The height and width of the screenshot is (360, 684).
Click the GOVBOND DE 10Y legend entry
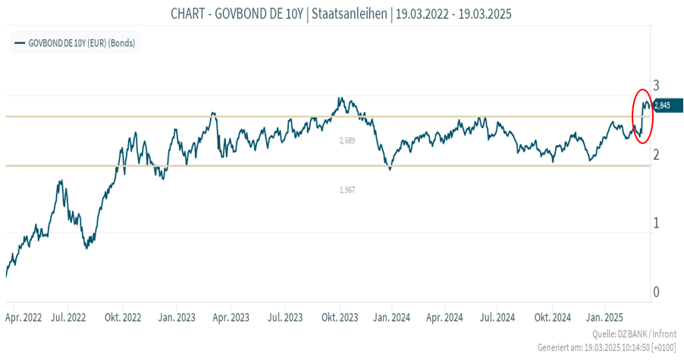pos(75,43)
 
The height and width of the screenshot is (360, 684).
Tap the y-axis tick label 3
pos(657,85)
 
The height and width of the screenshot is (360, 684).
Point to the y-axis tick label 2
pos(657,155)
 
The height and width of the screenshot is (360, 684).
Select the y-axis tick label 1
pos(657,224)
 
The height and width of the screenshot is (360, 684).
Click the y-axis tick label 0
pos(657,293)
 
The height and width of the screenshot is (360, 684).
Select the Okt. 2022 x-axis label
pos(124,317)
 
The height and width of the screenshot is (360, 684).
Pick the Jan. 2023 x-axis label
pos(177,317)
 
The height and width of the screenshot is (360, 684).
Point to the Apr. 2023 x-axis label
pos(231,317)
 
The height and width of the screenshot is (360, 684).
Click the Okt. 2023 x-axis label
pos(339,317)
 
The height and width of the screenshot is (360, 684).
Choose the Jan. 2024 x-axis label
pos(392,317)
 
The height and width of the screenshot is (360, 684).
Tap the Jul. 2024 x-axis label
pos(498,317)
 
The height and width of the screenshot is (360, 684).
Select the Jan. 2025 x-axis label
pos(605,317)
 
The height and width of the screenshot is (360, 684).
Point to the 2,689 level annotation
pos(347,141)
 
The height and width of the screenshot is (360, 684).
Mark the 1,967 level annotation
pos(347,190)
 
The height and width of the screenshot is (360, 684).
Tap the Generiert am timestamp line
pos(607,348)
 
